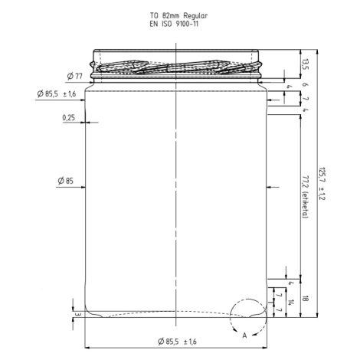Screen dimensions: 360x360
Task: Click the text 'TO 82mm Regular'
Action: point(178,16)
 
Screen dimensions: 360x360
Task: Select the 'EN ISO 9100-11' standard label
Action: point(174,25)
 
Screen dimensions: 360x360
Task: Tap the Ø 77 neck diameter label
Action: point(74,76)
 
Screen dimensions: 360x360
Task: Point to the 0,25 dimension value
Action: point(69,118)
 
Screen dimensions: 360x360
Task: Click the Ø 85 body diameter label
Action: point(66,181)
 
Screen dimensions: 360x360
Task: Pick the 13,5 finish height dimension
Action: point(306,64)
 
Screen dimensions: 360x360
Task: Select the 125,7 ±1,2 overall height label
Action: point(322,184)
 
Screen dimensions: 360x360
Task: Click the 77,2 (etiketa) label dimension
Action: point(306,197)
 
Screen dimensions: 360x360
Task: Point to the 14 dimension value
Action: point(290,303)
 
